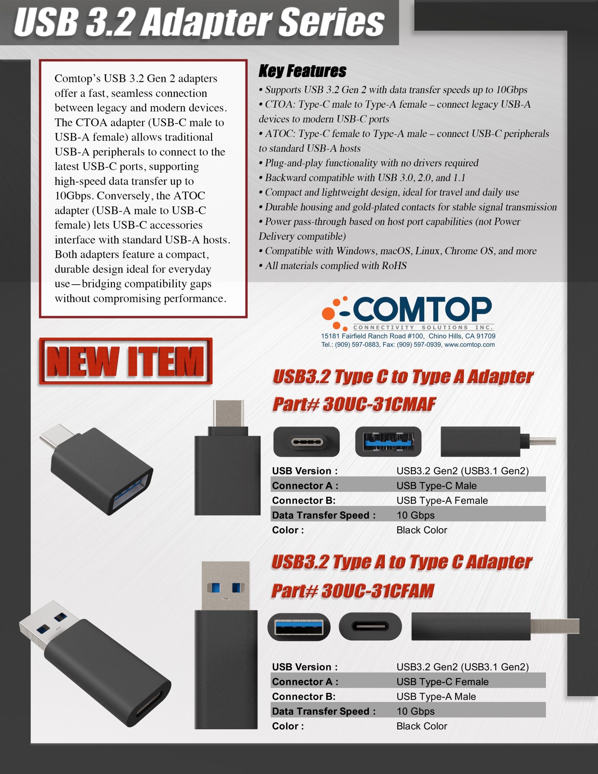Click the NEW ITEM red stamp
(125, 361)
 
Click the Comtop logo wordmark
(422, 309)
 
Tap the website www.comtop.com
(469, 344)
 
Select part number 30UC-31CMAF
(379, 404)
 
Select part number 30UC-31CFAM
(378, 591)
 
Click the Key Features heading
(302, 71)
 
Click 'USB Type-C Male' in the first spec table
(436, 486)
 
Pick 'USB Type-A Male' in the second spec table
(436, 696)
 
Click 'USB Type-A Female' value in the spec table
(442, 500)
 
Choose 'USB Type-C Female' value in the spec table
(442, 681)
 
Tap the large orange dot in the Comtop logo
(328, 313)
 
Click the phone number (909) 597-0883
(357, 344)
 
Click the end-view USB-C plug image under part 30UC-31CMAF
(307, 442)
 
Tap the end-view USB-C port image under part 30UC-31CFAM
(370, 626)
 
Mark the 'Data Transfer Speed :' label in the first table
(323, 515)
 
